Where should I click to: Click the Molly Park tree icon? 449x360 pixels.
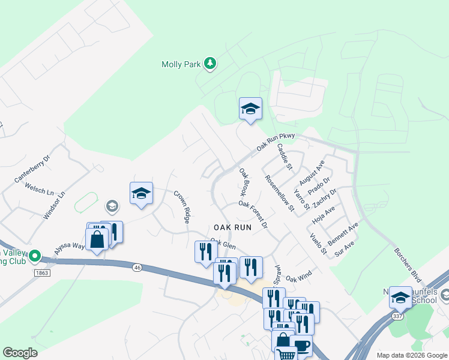click(x=209, y=64)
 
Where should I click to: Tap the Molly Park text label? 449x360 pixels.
click(x=181, y=64)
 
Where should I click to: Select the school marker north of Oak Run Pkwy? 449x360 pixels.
click(x=250, y=109)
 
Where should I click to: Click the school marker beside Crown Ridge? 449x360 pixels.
click(x=141, y=194)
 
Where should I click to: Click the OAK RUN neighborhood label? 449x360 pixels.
click(x=232, y=227)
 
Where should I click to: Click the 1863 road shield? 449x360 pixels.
click(x=42, y=273)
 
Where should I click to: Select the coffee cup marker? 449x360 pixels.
click(x=301, y=346)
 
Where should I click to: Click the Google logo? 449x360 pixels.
click(x=20, y=353)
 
